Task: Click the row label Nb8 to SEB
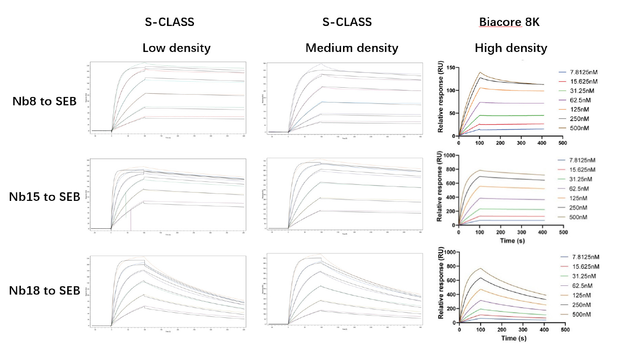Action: click(45, 102)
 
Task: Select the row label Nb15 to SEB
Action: click(45, 197)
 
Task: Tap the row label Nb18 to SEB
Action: click(45, 291)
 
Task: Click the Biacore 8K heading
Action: click(509, 22)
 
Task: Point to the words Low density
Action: click(176, 48)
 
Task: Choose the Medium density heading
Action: click(351, 48)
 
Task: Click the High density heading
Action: click(510, 48)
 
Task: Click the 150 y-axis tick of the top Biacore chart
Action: click(450, 68)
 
